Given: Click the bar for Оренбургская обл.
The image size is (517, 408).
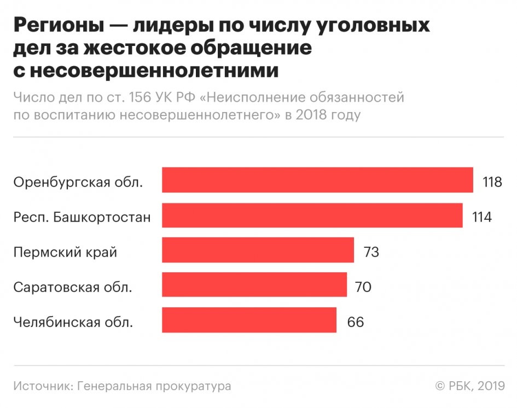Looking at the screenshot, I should (317, 180).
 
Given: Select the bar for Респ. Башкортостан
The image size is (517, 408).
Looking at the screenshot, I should (312, 215).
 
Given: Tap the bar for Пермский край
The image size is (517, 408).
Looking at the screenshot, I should (258, 250).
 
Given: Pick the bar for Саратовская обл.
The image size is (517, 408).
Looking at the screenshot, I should (254, 285).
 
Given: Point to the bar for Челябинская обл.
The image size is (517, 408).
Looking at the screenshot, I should (249, 320).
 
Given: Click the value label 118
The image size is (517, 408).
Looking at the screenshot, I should (492, 182).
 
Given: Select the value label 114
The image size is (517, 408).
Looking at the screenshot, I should (482, 217).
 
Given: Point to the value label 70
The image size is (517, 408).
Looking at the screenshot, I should (363, 287).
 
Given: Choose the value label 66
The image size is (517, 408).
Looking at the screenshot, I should (355, 322).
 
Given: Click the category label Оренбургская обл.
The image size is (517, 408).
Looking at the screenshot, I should (78, 182).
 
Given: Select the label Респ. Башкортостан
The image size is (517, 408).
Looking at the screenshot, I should (82, 217).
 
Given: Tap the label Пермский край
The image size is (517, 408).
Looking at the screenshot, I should (65, 252).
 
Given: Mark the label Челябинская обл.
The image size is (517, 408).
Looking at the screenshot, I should (73, 322).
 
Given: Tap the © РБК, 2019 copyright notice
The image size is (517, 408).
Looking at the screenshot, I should (469, 386).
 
